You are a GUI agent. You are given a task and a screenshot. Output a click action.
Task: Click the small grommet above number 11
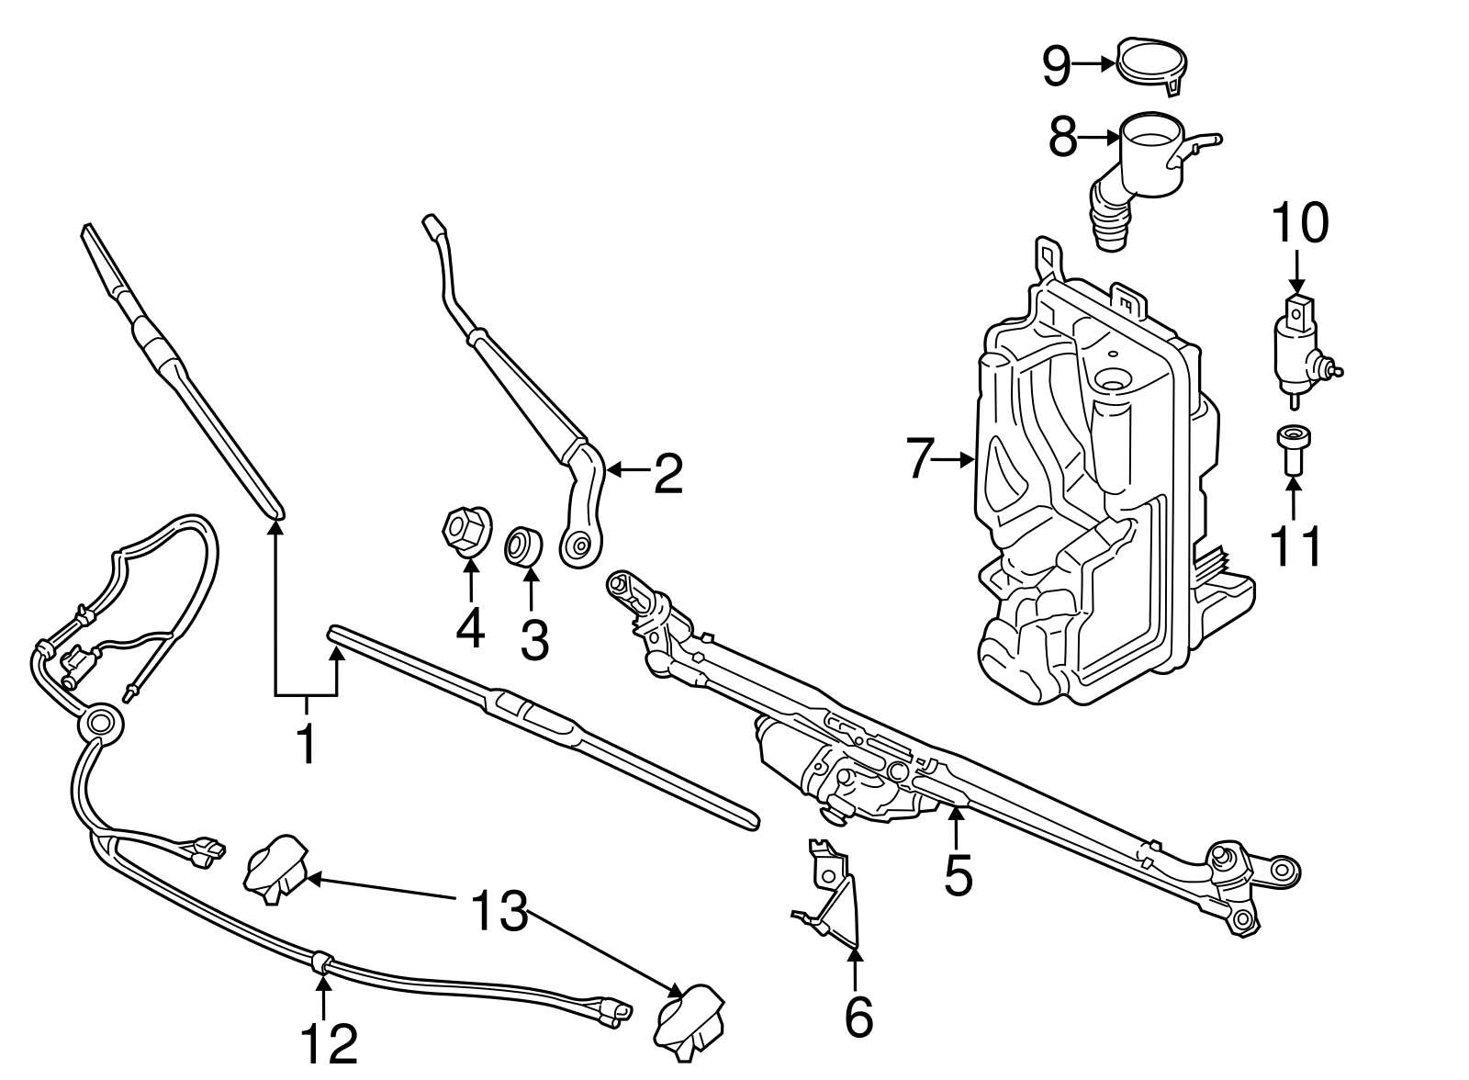[1292, 450]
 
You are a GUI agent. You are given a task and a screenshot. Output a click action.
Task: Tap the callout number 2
[668, 472]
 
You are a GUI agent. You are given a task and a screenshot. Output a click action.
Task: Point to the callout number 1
[306, 743]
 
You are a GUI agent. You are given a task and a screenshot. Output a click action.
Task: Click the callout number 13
[499, 911]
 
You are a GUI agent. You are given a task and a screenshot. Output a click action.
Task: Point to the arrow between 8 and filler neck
[1098, 138]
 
